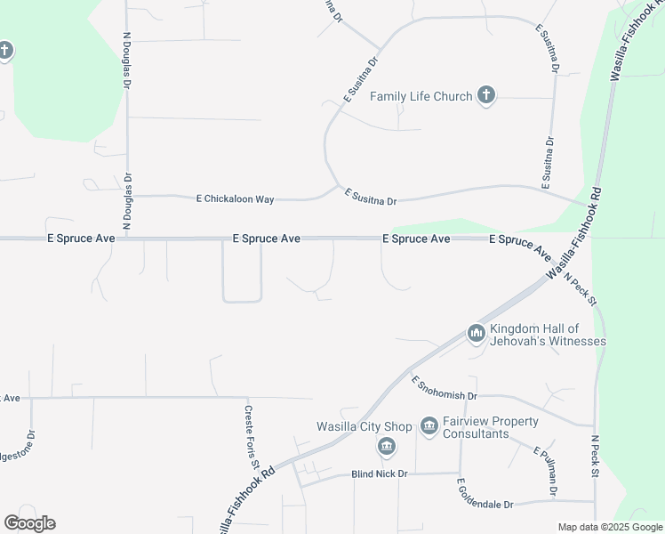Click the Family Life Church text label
[421, 96]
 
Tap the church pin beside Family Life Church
[485, 95]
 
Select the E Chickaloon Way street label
[235, 198]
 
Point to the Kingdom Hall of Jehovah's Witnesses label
[548, 335]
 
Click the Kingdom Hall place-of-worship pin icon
[476, 334]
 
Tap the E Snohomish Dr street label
[445, 387]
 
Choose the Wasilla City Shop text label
[365, 426]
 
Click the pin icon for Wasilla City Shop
[386, 445]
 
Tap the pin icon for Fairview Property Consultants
[429, 426]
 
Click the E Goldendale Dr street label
[485, 494]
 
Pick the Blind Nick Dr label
[379, 473]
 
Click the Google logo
[29, 523]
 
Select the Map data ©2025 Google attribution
[609, 527]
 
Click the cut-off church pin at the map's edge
[5, 51]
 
